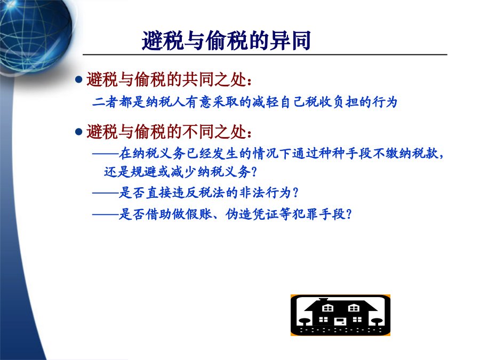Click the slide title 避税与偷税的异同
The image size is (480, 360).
(x=226, y=41)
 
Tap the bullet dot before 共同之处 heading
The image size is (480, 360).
(x=79, y=79)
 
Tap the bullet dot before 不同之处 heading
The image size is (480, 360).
(x=79, y=132)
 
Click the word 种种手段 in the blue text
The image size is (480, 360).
(x=345, y=153)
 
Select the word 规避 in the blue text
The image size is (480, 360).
(x=143, y=172)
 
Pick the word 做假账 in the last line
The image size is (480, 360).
(x=192, y=214)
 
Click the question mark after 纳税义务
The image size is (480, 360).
(x=254, y=172)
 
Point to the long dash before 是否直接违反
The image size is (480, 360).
(x=106, y=193)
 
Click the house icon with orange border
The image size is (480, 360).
(x=340, y=315)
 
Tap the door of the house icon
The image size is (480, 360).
(x=340, y=322)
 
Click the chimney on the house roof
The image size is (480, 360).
(x=324, y=300)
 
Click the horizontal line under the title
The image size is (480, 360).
(x=265, y=55)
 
